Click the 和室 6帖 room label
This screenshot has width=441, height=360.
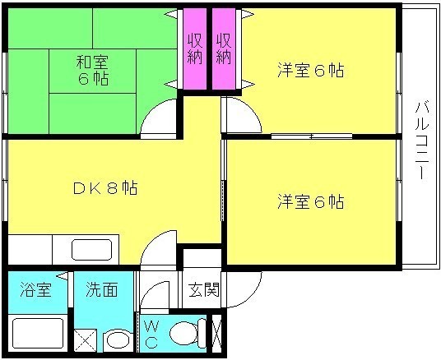pyautogui.click(x=92, y=70)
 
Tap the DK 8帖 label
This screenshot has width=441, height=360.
pyautogui.click(x=105, y=188)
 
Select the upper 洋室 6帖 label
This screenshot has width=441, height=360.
pyautogui.click(x=311, y=70)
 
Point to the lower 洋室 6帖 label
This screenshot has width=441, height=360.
pyautogui.click(x=311, y=201)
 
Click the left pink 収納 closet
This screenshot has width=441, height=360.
pyautogui.click(x=195, y=48)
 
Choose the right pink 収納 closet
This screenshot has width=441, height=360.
pyautogui.click(x=224, y=48)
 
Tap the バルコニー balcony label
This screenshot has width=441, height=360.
pyautogui.click(x=421, y=141)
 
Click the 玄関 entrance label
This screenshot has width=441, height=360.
pyautogui.click(x=203, y=289)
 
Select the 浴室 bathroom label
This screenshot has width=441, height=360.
pyautogui.click(x=35, y=289)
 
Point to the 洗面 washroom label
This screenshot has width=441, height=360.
pyautogui.click(x=101, y=289)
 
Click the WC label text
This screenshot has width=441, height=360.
pyautogui.click(x=151, y=335)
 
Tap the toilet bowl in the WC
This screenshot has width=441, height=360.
pyautogui.click(x=188, y=334)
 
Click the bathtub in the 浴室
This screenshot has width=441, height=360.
pyautogui.click(x=38, y=334)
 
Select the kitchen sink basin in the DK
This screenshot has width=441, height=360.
pyautogui.click(x=91, y=250)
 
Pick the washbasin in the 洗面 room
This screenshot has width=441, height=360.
pyautogui.click(x=118, y=340)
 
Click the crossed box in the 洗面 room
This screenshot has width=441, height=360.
pyautogui.click(x=86, y=340)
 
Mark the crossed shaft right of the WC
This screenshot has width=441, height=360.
pyautogui.click(x=217, y=334)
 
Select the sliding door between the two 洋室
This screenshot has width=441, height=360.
pyautogui.click(x=312, y=136)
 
